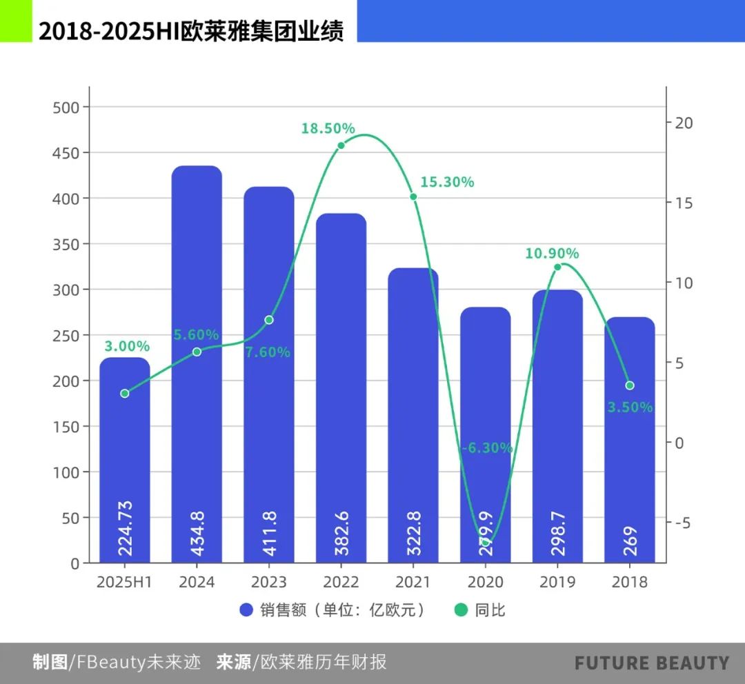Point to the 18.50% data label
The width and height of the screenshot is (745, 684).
[328, 128]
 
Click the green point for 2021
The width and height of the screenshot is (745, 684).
[413, 197]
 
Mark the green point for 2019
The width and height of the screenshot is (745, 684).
[557, 267]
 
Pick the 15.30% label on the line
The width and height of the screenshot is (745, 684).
[447, 183]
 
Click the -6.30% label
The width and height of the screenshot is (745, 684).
[487, 448]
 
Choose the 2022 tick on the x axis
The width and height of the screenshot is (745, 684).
[341, 582]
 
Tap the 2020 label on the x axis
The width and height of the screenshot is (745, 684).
[486, 582]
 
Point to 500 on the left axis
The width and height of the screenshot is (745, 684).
[66, 107]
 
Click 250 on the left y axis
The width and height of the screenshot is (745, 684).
[66, 335]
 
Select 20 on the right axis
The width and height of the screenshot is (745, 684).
[684, 123]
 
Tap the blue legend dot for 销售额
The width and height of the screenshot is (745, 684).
[247, 610]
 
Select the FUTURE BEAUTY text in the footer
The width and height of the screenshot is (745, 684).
[651, 663]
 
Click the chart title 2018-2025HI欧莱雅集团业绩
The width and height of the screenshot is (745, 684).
[191, 32]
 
